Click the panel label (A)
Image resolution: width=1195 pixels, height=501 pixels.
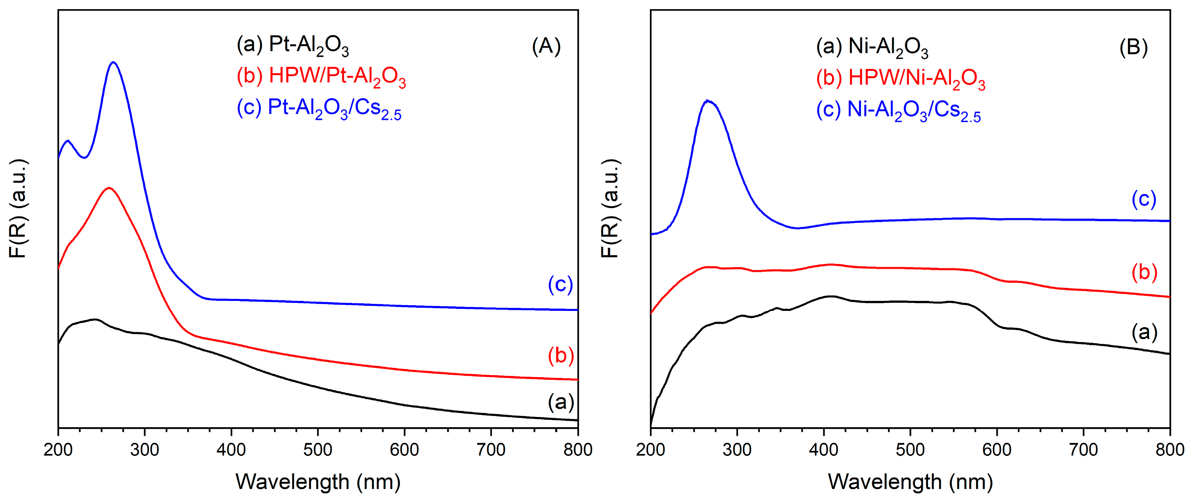tap(546, 46)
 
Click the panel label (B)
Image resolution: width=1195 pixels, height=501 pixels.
tap(1133, 47)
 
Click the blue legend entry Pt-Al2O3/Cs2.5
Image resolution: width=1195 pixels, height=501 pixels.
tap(319, 109)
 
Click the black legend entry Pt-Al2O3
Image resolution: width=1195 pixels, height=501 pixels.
tap(292, 45)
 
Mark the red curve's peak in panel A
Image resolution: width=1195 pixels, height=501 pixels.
tap(109, 188)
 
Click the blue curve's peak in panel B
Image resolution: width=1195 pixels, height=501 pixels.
tap(707, 100)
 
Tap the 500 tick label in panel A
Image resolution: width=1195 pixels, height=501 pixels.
tap(318, 449)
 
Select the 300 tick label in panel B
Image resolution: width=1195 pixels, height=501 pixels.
tap(737, 449)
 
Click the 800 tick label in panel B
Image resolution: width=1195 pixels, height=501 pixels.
tap(1170, 449)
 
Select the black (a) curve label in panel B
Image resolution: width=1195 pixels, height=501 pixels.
tap(1145, 332)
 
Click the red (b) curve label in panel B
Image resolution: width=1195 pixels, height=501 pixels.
tap(1145, 272)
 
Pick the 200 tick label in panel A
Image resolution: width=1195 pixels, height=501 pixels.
tap(58, 449)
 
